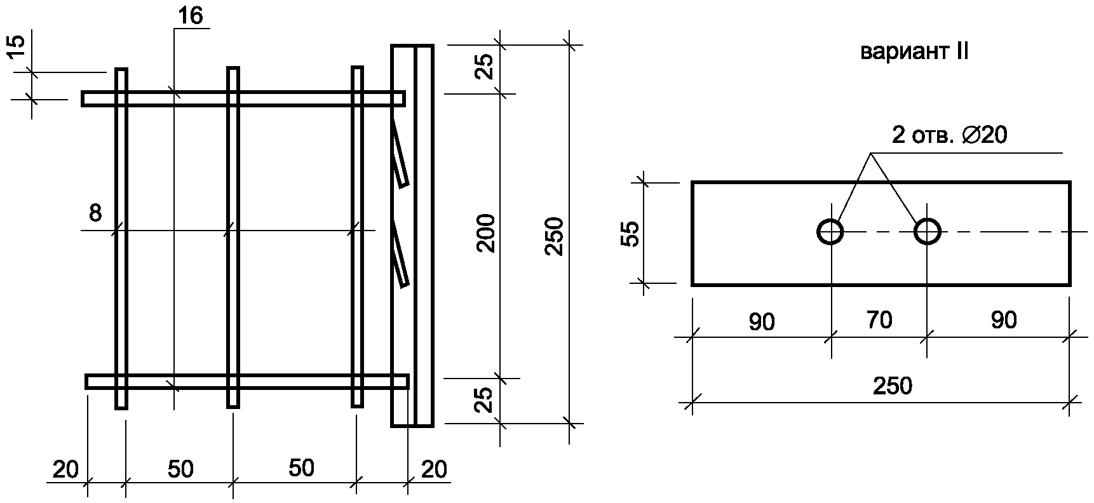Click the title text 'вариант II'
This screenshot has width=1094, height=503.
pos(914,51)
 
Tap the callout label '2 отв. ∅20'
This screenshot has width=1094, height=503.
pos(950,135)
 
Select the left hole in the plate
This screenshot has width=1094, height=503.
pos(830,232)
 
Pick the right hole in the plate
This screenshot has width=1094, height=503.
pos(928,232)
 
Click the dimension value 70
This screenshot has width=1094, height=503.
pos(880,320)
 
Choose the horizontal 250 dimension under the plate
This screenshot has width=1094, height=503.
pos(893,386)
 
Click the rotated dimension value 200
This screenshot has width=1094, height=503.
pos(486,233)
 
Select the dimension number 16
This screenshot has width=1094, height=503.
pos(191,16)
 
